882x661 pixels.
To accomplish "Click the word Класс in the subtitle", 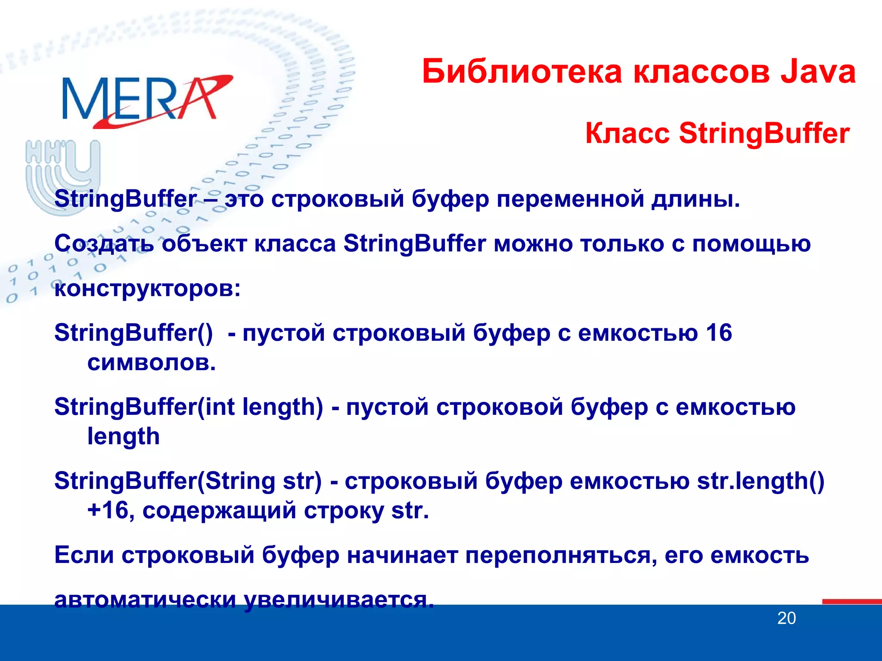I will [627, 133].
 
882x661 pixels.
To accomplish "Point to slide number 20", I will [786, 618].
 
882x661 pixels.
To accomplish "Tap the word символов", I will [151, 362].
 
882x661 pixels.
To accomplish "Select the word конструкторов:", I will [147, 288].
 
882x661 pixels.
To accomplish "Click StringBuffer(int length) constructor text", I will [189, 407].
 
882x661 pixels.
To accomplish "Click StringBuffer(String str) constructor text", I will [188, 481].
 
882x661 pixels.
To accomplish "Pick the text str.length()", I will [760, 481].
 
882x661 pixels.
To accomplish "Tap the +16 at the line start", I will [108, 510].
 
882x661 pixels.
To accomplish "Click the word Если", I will [84, 555].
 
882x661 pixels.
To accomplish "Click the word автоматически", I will [145, 599].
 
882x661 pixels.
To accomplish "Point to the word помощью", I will [751, 244].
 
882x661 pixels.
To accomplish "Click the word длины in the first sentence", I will [695, 199].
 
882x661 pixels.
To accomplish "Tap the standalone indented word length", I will [124, 437].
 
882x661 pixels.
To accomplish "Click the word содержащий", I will [219, 511].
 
